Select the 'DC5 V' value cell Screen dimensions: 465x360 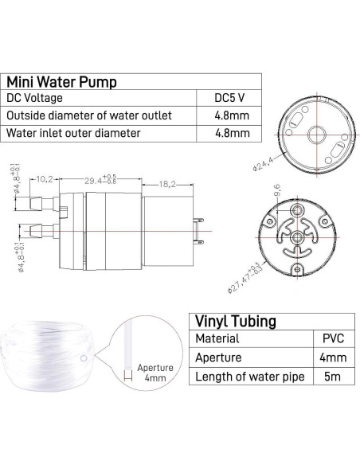coord(230,98)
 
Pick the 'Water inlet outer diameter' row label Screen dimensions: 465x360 coord(74,132)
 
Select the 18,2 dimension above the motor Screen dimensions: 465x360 coord(164,182)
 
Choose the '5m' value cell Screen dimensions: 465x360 coord(331,376)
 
